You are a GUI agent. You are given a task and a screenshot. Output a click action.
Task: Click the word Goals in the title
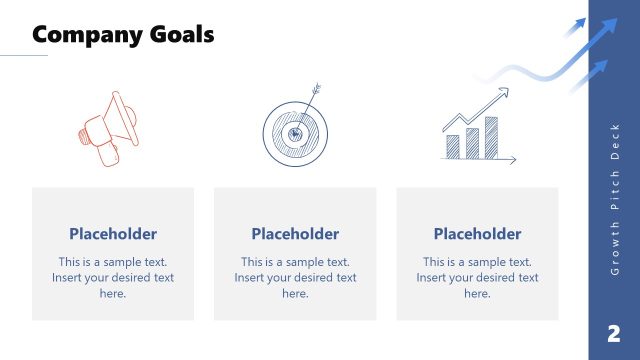181,35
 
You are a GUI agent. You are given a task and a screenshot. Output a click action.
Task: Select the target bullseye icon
295,131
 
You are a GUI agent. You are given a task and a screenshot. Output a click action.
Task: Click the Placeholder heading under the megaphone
113,234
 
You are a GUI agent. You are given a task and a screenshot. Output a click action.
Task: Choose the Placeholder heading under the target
295,234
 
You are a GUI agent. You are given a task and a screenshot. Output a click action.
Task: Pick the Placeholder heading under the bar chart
477,234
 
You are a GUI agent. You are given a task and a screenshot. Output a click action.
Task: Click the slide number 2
613,333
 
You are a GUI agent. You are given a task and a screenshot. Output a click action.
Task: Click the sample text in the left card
113,278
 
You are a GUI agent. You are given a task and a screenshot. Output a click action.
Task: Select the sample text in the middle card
295,278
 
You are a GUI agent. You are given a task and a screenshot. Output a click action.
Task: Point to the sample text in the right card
477,278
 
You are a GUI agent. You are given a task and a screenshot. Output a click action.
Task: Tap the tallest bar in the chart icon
489,137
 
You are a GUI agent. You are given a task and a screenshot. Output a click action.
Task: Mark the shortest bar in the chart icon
453,147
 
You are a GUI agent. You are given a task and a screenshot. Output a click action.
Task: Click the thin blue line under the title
24,56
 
